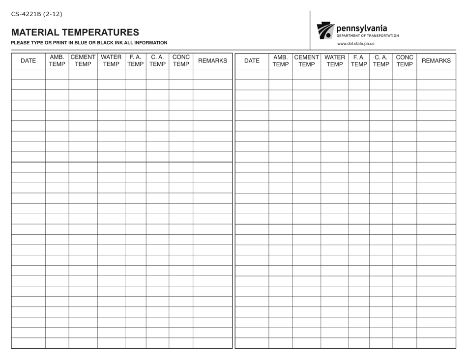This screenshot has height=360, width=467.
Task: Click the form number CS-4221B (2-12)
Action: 37,14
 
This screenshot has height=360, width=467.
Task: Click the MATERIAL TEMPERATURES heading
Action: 75,32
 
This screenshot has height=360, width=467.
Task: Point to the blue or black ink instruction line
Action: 89,43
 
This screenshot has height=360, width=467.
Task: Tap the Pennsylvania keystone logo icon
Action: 325,30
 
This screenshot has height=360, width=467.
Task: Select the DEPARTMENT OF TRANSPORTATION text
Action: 368,35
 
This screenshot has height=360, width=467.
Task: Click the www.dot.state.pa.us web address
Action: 355,43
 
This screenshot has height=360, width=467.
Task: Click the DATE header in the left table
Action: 28,60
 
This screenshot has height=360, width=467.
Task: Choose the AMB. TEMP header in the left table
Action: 57,60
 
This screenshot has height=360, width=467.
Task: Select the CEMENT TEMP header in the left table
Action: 83,60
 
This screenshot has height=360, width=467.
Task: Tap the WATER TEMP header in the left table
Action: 111,60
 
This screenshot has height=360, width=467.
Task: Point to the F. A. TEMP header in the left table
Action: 135,60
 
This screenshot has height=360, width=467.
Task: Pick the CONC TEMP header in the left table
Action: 181,60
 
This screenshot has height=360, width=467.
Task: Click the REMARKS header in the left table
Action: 212,61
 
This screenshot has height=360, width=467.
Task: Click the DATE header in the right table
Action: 252,61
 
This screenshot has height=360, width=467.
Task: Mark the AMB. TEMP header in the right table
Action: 281,60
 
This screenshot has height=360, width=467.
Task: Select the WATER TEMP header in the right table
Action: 335,60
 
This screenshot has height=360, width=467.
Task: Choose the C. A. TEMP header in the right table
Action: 381,60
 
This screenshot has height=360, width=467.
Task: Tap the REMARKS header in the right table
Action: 436,61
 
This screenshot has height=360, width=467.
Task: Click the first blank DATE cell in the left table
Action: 28,74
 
